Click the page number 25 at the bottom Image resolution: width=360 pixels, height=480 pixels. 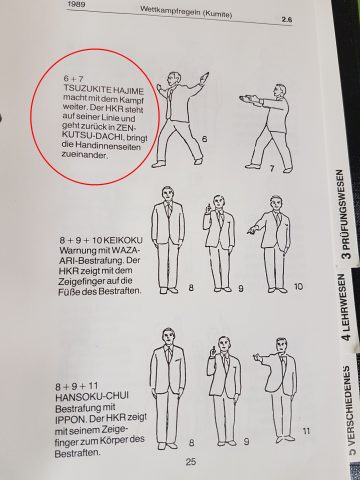(162, 462)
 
